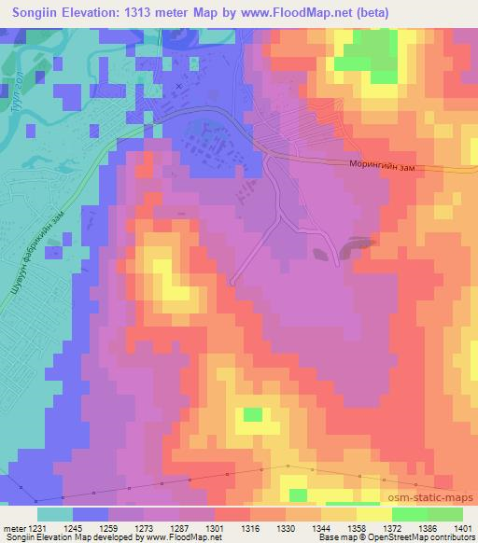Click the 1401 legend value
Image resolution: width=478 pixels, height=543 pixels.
462,527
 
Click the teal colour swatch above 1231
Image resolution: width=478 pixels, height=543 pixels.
55,514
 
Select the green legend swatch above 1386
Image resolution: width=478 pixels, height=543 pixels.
409,514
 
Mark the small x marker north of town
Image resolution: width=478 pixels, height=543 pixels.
179,86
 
